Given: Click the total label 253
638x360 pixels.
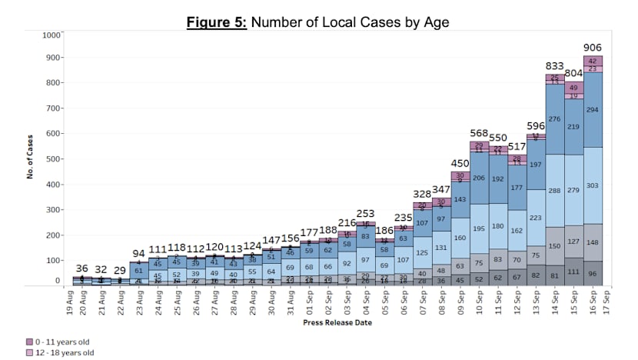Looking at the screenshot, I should click(x=365, y=214).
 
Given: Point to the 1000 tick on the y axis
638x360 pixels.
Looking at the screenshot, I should click(x=52, y=35).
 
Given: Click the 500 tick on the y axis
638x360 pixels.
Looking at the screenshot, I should click(x=54, y=159).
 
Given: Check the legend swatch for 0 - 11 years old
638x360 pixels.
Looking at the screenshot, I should click(x=29, y=342).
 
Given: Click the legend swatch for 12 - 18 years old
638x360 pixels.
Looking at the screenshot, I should click(x=29, y=352).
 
